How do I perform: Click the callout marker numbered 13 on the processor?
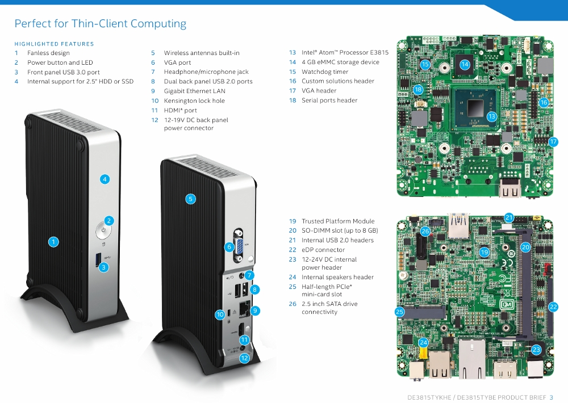492,116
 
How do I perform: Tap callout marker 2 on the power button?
110,221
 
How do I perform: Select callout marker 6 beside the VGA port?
229,247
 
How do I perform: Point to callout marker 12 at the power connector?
244,358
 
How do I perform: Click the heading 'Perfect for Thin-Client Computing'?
100,24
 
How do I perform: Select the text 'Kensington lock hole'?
194,100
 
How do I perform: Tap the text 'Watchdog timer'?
325,72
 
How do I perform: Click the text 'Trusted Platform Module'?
338,221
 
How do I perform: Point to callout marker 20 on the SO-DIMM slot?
525,247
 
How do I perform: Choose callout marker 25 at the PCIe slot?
400,312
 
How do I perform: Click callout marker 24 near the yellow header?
423,342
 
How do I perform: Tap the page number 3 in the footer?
551,397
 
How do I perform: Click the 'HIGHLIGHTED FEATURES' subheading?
54,44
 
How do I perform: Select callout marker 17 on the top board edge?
554,142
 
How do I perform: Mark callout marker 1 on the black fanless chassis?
53,242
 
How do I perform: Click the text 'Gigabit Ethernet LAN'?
194,91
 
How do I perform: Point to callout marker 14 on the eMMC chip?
465,65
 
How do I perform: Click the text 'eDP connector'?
323,250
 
